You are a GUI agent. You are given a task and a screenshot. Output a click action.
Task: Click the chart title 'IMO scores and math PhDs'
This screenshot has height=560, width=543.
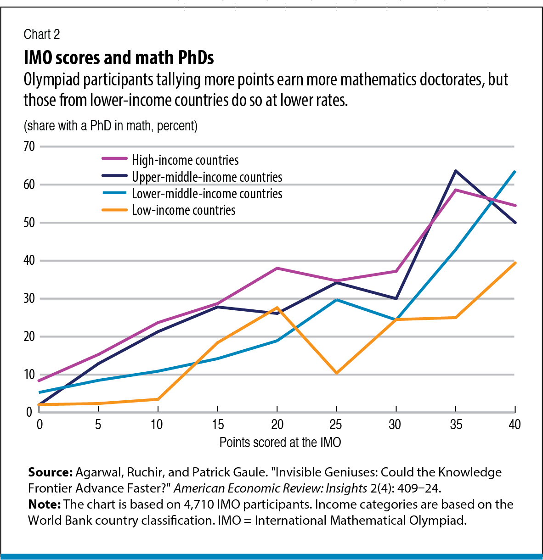click(x=119, y=58)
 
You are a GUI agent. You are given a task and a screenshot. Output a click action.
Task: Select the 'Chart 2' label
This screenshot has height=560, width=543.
click(x=41, y=34)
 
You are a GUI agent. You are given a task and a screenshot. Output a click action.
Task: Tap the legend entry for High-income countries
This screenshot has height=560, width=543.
click(x=185, y=160)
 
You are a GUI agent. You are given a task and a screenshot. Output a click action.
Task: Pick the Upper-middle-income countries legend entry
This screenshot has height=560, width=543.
click(x=207, y=177)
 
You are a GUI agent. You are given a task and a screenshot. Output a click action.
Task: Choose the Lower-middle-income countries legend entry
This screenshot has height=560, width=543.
click(x=207, y=194)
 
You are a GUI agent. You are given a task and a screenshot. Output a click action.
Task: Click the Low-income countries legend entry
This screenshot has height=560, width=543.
click(x=183, y=210)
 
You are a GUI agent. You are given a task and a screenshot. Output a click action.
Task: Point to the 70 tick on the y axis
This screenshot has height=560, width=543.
click(x=29, y=146)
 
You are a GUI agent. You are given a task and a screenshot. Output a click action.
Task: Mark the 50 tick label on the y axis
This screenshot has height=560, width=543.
click(x=29, y=223)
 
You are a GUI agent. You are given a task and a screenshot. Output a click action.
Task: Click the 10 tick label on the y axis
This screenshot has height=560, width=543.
click(x=29, y=375)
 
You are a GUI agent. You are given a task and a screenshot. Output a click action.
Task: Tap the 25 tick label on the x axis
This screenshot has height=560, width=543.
click(x=336, y=425)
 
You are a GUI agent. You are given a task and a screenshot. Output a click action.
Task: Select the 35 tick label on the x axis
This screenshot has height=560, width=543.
click(x=455, y=425)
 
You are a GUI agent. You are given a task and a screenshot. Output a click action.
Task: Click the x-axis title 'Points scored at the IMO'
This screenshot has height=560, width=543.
click(x=280, y=442)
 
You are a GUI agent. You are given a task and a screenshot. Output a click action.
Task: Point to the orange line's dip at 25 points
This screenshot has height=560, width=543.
click(x=337, y=373)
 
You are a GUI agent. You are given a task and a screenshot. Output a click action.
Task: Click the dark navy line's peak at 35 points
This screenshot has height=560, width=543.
click(x=455, y=171)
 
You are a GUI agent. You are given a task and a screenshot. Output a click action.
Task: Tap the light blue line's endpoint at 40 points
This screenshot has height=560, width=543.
click(x=515, y=172)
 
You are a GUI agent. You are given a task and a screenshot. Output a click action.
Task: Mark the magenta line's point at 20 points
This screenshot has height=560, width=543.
click(x=277, y=268)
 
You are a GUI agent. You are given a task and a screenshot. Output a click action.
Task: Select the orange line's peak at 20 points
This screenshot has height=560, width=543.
click(x=277, y=308)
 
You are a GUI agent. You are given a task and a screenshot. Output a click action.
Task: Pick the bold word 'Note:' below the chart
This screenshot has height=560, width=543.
click(x=45, y=504)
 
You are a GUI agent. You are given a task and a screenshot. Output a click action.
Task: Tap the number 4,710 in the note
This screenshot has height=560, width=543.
click(x=198, y=504)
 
